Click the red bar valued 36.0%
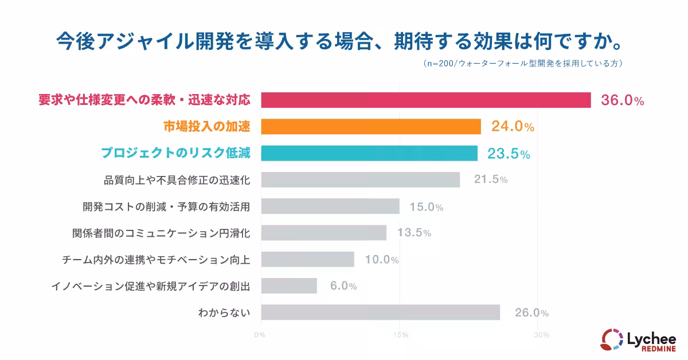coord(426,100)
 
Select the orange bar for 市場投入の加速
coord(371,127)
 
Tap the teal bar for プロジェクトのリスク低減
coord(369,153)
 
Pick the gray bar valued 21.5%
coord(361,179)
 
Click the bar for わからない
coord(381,312)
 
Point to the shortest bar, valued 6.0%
coord(289,285)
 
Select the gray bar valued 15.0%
coord(330,206)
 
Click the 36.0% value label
coord(622,100)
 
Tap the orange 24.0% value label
coord(513,127)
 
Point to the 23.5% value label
coord(509,154)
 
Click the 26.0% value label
coord(531,313)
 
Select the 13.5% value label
coord(413,233)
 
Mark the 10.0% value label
coord(381,260)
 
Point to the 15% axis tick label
coord(400,334)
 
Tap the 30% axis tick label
coord(539,334)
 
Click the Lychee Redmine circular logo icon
coord(611,339)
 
